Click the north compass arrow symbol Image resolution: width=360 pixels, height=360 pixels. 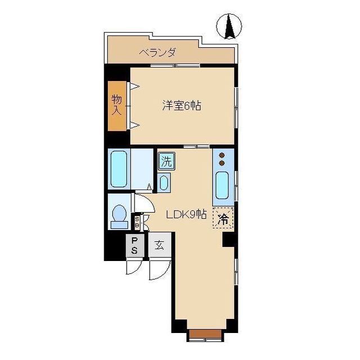(229, 26)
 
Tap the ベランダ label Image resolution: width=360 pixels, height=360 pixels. (158, 52)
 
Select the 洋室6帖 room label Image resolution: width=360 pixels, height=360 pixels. (182, 106)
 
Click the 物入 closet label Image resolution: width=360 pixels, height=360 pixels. (117, 105)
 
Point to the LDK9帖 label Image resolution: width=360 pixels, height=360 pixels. (186, 215)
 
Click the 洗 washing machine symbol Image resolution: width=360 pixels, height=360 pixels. (166, 161)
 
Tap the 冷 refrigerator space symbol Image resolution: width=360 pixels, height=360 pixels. (223, 218)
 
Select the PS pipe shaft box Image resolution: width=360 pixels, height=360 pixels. (135, 245)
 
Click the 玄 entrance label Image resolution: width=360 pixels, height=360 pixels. (160, 245)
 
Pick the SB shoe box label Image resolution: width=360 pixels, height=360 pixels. (137, 222)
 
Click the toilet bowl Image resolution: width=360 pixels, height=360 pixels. (119, 213)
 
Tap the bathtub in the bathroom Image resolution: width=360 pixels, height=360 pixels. (119, 169)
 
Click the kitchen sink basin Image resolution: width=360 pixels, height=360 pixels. (222, 185)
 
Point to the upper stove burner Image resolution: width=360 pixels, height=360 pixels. (222, 155)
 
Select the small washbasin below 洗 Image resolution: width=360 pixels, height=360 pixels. (164, 183)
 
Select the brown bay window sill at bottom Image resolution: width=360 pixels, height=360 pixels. (205, 334)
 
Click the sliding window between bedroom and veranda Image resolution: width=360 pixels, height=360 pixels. (175, 66)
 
